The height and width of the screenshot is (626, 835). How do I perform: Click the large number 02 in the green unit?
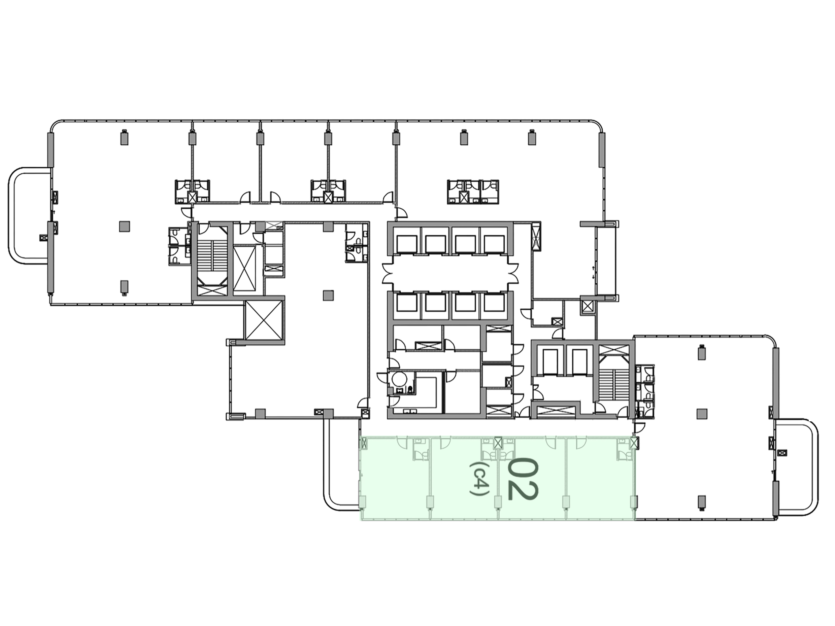tap(523, 479)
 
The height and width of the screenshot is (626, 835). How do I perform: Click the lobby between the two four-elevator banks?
tap(449, 274)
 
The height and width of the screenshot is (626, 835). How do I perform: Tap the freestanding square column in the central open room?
tap(328, 295)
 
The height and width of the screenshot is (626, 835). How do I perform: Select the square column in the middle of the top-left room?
tap(125, 227)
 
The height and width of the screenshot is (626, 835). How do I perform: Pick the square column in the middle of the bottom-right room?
tap(701, 414)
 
